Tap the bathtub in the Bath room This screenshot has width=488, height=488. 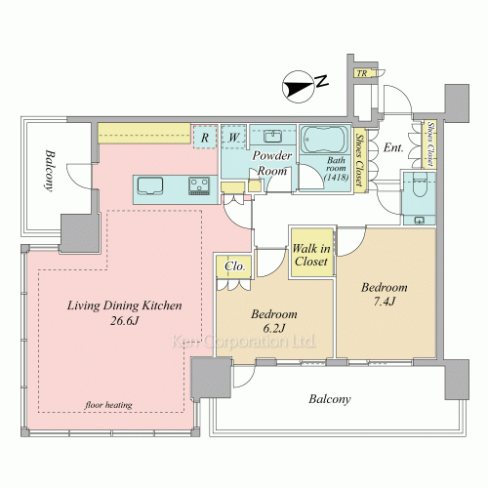click(x=324, y=140)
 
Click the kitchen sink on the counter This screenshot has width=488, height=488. click(x=150, y=186)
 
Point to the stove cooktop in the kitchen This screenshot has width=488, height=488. click(x=199, y=185)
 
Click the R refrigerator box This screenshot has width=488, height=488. click(x=205, y=138)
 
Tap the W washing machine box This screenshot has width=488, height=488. click(x=233, y=138)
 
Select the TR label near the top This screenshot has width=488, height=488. click(x=362, y=73)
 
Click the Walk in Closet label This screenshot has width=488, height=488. click(x=311, y=255)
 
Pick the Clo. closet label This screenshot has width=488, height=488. click(x=234, y=266)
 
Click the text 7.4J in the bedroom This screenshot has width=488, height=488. click(x=384, y=302)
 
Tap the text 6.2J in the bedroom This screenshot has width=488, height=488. click(x=274, y=328)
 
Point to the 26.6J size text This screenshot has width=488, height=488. click(x=125, y=321)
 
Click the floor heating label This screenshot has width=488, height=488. click(x=108, y=405)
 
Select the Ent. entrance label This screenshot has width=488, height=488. click(x=393, y=148)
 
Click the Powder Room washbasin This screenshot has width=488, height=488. click(x=272, y=136)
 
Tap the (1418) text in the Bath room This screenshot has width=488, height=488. click(x=337, y=178)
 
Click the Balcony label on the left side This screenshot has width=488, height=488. click(x=49, y=171)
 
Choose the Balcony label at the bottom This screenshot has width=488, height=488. click(x=330, y=399)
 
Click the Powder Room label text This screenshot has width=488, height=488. click(x=272, y=163)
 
